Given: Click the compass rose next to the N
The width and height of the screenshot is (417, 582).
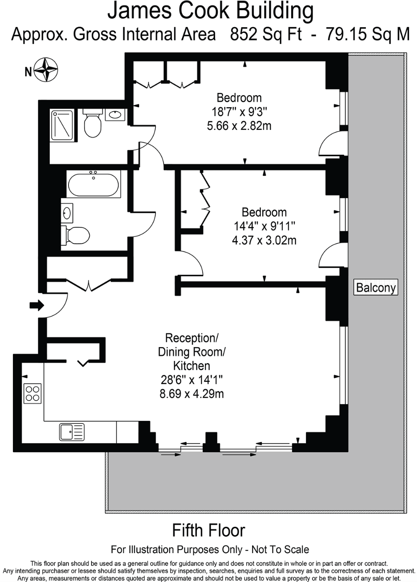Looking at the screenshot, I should pyautogui.click(x=46, y=70).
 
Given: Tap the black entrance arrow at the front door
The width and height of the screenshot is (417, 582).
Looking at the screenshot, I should pyautogui.click(x=37, y=305).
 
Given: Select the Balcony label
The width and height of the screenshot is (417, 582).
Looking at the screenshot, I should pyautogui.click(x=376, y=287).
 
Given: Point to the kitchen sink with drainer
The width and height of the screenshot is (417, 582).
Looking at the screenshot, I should pyautogui.click(x=72, y=432).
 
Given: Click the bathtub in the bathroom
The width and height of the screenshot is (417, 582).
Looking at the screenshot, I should pyautogui.click(x=93, y=184).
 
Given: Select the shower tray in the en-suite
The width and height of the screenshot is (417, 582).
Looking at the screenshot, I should pyautogui.click(x=62, y=125).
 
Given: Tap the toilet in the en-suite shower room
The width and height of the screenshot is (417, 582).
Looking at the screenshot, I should pyautogui.click(x=92, y=123).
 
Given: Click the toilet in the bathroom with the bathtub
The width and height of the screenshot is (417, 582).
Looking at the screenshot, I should pyautogui.click(x=76, y=234).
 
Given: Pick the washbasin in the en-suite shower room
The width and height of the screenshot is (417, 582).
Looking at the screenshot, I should pyautogui.click(x=116, y=115).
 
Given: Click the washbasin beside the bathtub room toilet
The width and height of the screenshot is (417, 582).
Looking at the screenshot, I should pyautogui.click(x=67, y=213).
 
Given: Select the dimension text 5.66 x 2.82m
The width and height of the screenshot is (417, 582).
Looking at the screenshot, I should pyautogui.click(x=239, y=126).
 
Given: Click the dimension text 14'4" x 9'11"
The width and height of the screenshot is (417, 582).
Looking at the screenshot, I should pyautogui.click(x=264, y=226).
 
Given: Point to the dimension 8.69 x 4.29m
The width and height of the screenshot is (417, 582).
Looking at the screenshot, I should pyautogui.click(x=192, y=394).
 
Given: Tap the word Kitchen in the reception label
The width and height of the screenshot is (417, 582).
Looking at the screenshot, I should pyautogui.click(x=192, y=366).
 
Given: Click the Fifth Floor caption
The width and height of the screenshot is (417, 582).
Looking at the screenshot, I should pyautogui.click(x=208, y=530).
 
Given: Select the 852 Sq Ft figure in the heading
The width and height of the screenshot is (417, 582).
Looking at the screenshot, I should pyautogui.click(x=265, y=34).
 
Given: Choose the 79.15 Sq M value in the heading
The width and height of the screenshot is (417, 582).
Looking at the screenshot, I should pyautogui.click(x=368, y=34).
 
